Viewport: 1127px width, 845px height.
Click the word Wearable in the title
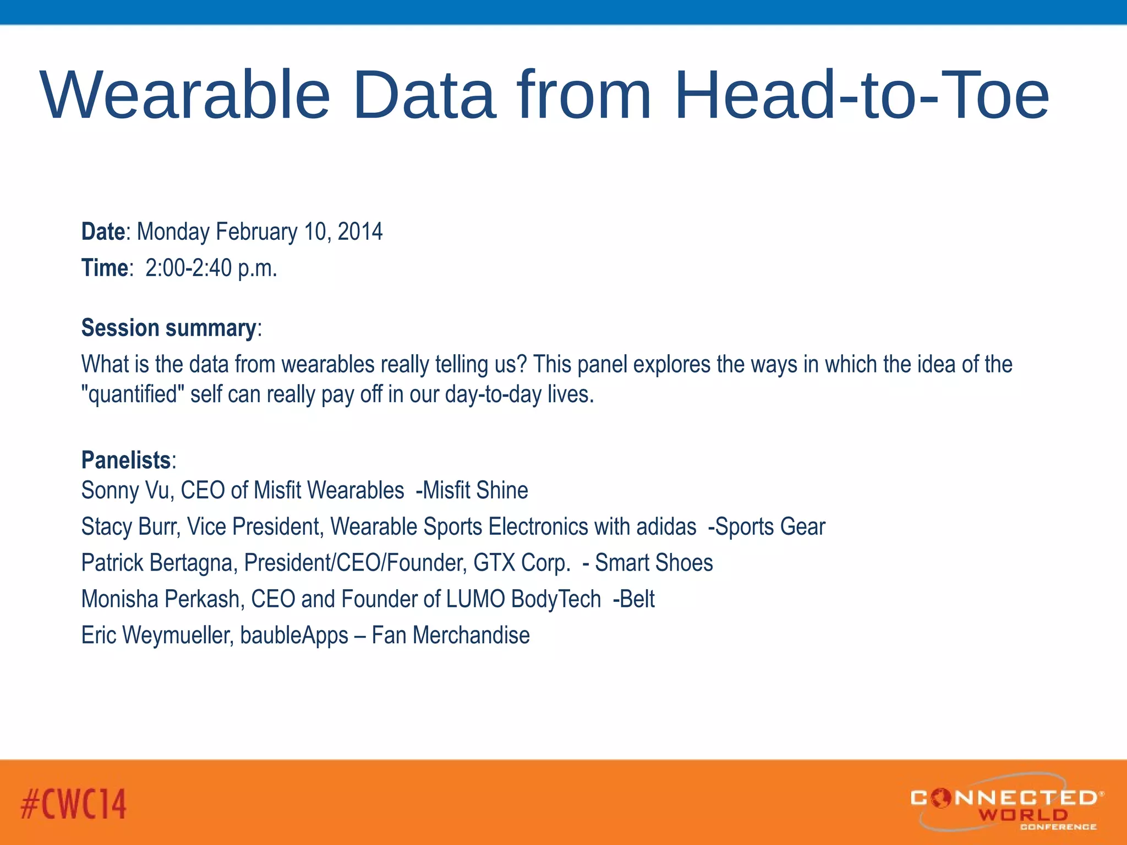(185, 95)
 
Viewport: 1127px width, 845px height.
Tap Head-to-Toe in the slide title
(861, 95)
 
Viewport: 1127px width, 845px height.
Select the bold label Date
(103, 232)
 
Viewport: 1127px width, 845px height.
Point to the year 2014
(360, 232)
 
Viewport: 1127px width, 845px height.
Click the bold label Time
(105, 268)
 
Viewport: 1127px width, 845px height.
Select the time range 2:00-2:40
(189, 268)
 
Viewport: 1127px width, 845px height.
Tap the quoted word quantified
(133, 394)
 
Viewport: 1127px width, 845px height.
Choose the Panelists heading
(126, 460)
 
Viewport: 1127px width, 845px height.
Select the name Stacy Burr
(130, 526)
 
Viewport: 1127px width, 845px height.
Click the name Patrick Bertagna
(156, 563)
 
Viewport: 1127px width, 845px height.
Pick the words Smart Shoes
(654, 563)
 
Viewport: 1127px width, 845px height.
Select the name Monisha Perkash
(160, 599)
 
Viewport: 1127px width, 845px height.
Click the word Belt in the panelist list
(637, 599)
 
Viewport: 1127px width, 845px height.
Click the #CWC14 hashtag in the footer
(74, 804)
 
